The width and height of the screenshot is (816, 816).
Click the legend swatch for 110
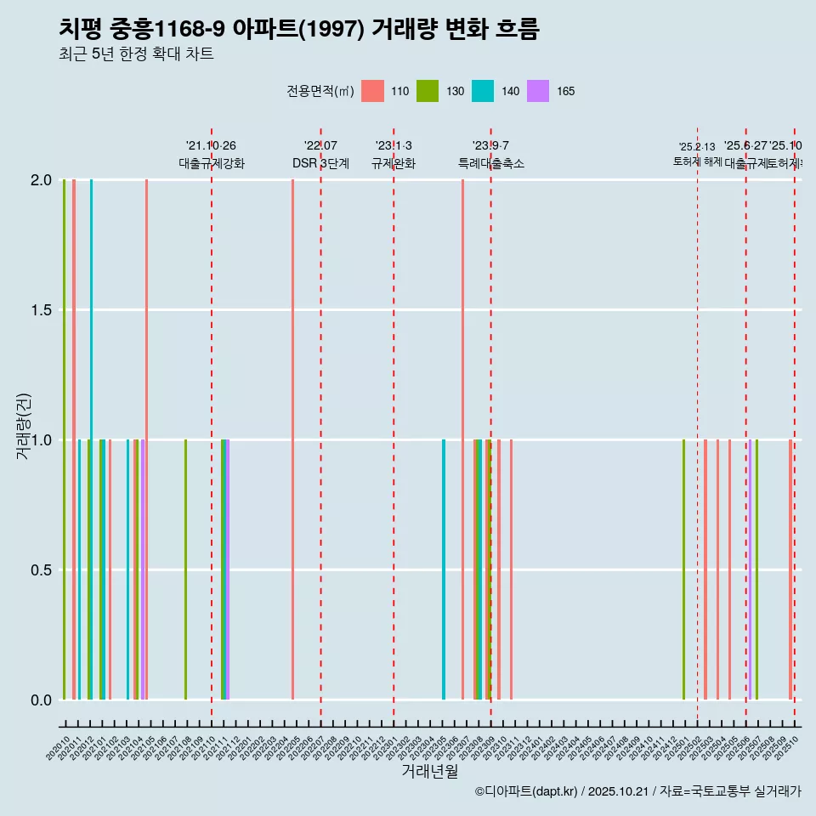click(x=372, y=91)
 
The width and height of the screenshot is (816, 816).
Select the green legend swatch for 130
click(x=428, y=91)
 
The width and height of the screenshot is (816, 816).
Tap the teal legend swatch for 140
click(x=483, y=91)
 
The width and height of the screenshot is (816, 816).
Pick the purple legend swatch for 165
click(x=538, y=91)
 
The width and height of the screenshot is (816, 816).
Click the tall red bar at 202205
click(x=292, y=439)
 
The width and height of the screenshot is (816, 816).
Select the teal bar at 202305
click(x=444, y=569)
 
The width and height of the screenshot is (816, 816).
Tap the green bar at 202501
click(x=683, y=569)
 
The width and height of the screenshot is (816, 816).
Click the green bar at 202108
click(x=185, y=569)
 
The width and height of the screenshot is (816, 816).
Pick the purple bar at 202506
click(x=750, y=569)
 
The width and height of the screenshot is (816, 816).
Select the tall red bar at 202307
click(x=462, y=439)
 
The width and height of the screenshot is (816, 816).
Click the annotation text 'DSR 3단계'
click(x=320, y=164)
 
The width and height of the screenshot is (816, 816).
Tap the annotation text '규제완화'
click(x=394, y=164)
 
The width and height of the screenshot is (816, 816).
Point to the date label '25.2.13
click(x=697, y=147)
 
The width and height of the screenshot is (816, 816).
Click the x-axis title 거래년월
click(x=429, y=772)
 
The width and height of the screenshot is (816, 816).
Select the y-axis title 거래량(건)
click(x=24, y=426)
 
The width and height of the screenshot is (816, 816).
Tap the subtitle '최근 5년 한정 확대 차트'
click(x=136, y=54)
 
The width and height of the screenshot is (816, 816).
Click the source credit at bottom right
click(x=637, y=791)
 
